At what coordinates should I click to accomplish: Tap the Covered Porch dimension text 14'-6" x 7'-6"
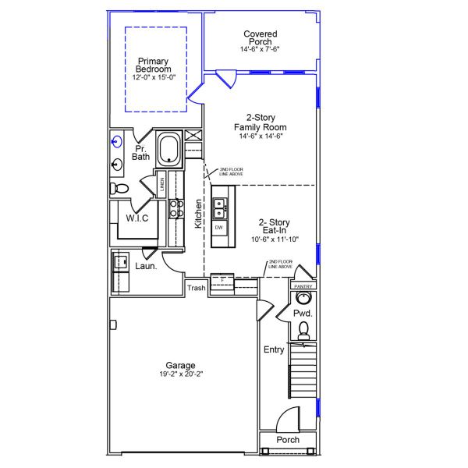pos(260,49)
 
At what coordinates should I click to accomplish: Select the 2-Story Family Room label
pos(260,122)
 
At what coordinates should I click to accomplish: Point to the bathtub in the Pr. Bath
pos(169,148)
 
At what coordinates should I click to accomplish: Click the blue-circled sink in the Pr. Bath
pos(116,142)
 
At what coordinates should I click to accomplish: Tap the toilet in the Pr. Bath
pos(118,188)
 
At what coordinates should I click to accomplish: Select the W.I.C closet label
pos(137,218)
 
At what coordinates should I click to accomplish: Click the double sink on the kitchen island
pos(220,207)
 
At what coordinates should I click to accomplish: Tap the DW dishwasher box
pos(219,227)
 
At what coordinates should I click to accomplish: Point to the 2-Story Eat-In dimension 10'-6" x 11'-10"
pos(275,239)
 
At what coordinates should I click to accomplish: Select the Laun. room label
pos(146,266)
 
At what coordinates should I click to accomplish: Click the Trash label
pos(197,288)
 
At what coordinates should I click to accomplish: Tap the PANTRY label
pos(303,286)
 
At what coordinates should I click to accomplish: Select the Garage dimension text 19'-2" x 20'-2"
pos(180,374)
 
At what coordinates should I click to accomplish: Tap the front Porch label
pos(288,440)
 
